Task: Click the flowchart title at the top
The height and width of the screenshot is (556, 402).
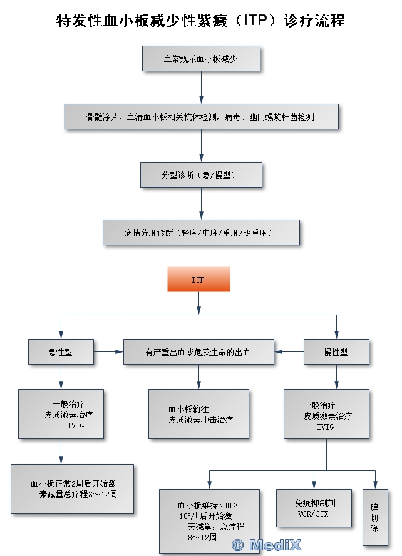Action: point(200,21)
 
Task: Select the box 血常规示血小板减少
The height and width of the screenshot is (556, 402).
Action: point(200,58)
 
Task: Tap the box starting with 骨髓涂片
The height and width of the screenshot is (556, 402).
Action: point(200,116)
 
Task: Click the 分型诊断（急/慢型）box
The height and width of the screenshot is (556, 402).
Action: point(200,174)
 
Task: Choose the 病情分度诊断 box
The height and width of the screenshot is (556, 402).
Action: point(200,232)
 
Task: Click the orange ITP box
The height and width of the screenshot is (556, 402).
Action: point(198,279)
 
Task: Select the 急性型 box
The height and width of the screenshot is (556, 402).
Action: point(61,352)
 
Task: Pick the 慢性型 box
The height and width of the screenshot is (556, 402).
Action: point(336,352)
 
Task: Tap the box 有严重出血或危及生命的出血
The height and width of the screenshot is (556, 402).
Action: point(198,352)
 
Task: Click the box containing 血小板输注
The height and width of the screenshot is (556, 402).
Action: point(198,413)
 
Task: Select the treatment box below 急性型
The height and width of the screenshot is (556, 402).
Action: point(61,413)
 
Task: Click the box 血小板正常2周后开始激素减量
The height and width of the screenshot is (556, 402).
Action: point(73,488)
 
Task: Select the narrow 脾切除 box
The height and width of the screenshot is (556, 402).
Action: point(375,517)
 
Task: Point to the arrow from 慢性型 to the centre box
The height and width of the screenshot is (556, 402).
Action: point(289,352)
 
